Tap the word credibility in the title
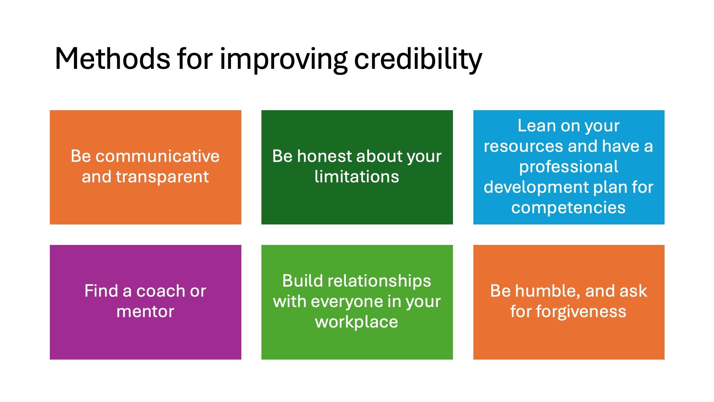click(418, 60)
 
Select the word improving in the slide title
click(284, 60)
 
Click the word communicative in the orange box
click(157, 156)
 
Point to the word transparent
click(162, 177)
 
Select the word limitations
click(357, 176)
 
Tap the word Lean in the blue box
click(536, 125)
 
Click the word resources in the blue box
click(523, 146)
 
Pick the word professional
click(569, 167)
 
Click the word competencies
click(568, 208)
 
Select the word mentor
click(145, 312)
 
